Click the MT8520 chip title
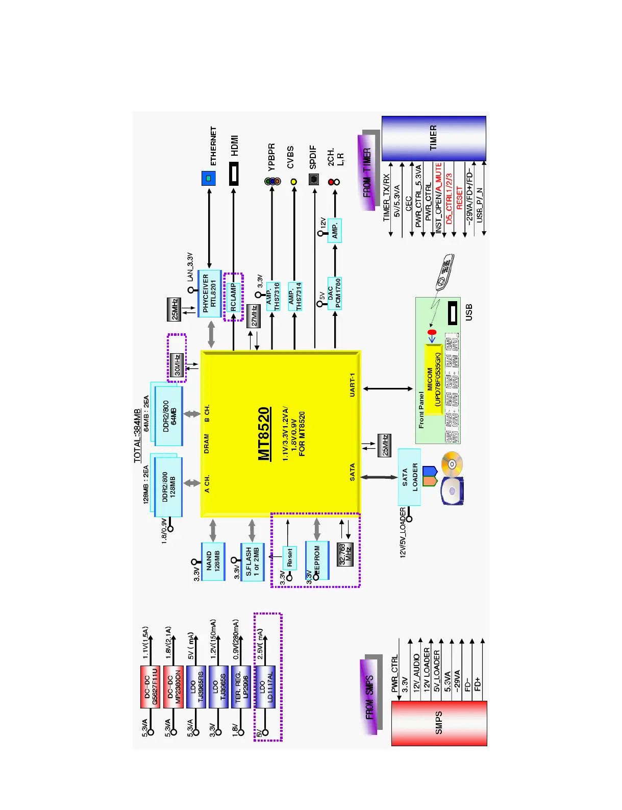[x=263, y=433]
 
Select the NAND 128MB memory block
[x=213, y=561]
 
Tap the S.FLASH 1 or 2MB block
[x=252, y=562]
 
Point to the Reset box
[x=289, y=558]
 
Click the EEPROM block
[x=317, y=560]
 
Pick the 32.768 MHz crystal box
[x=345, y=554]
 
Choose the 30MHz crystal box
[x=177, y=365]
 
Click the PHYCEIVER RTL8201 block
[x=209, y=293]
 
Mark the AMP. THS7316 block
[x=272, y=296]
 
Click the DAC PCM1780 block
[x=334, y=293]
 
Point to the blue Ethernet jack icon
[x=208, y=178]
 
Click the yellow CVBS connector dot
[x=294, y=182]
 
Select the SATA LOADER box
[x=409, y=477]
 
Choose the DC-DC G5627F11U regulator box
[x=150, y=686]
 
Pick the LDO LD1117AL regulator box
[x=265, y=686]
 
